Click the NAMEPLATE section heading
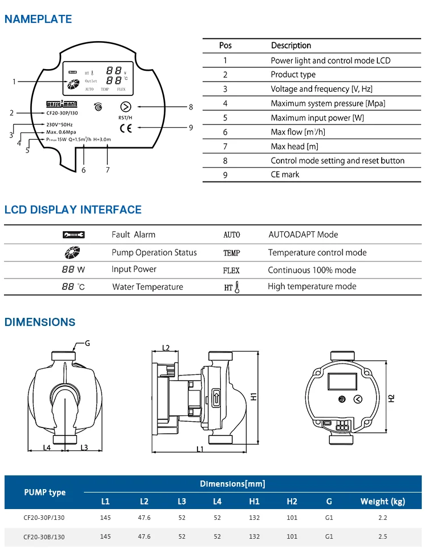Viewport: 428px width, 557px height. click(38, 19)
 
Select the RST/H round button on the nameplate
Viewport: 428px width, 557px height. click(125, 107)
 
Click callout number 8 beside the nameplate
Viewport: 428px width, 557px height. click(191, 107)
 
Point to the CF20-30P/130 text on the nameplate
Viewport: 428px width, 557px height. click(63, 113)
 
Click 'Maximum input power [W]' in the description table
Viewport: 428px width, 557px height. click(317, 118)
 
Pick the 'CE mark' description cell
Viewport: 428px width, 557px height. click(285, 175)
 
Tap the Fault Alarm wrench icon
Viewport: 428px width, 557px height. click(74, 235)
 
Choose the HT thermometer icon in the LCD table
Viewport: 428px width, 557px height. click(232, 287)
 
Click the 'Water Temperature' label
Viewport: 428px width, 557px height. click(148, 287)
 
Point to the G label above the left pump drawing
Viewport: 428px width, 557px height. click(87, 343)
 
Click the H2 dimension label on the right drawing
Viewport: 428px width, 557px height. click(391, 398)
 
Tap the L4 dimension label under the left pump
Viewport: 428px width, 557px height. click(47, 447)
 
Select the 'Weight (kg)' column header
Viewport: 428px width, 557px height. click(382, 502)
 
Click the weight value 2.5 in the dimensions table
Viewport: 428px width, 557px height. click(382, 536)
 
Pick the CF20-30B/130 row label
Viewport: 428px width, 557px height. click(44, 537)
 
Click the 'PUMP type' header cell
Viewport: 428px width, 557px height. click(45, 493)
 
